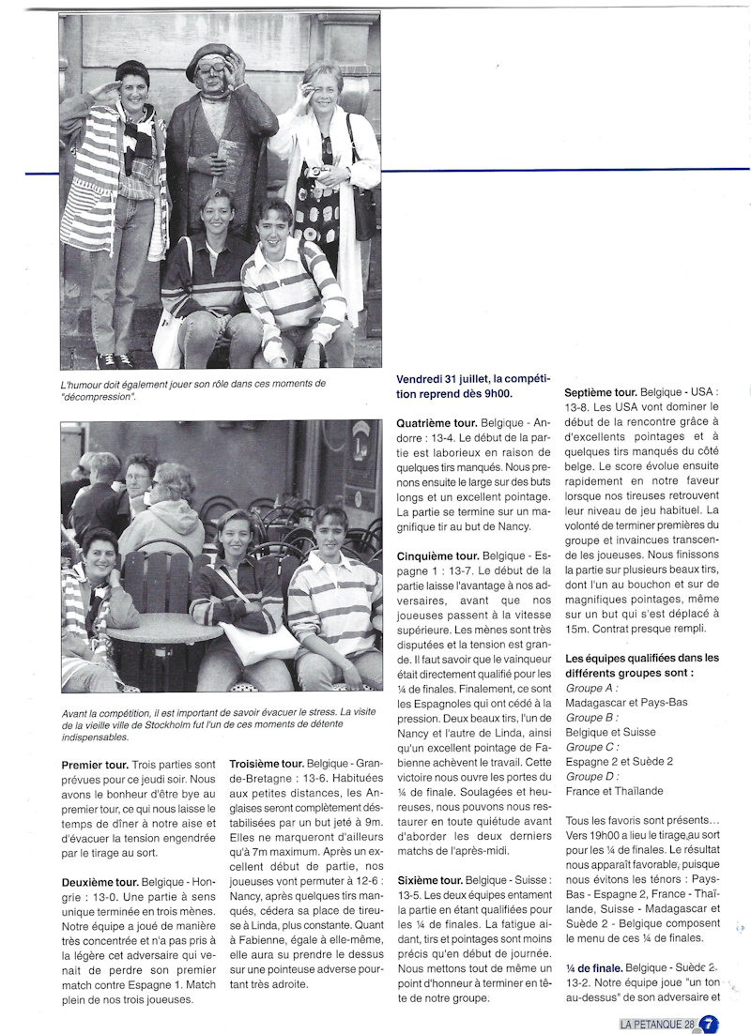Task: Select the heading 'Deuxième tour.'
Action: [x=100, y=882]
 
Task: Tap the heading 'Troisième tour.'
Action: [x=267, y=764]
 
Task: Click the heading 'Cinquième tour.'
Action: [x=437, y=555]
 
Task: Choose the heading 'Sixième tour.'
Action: [x=430, y=880]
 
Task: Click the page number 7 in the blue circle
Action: [x=710, y=1025]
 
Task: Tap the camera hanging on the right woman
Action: [x=315, y=172]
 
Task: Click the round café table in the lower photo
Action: [x=164, y=627]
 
